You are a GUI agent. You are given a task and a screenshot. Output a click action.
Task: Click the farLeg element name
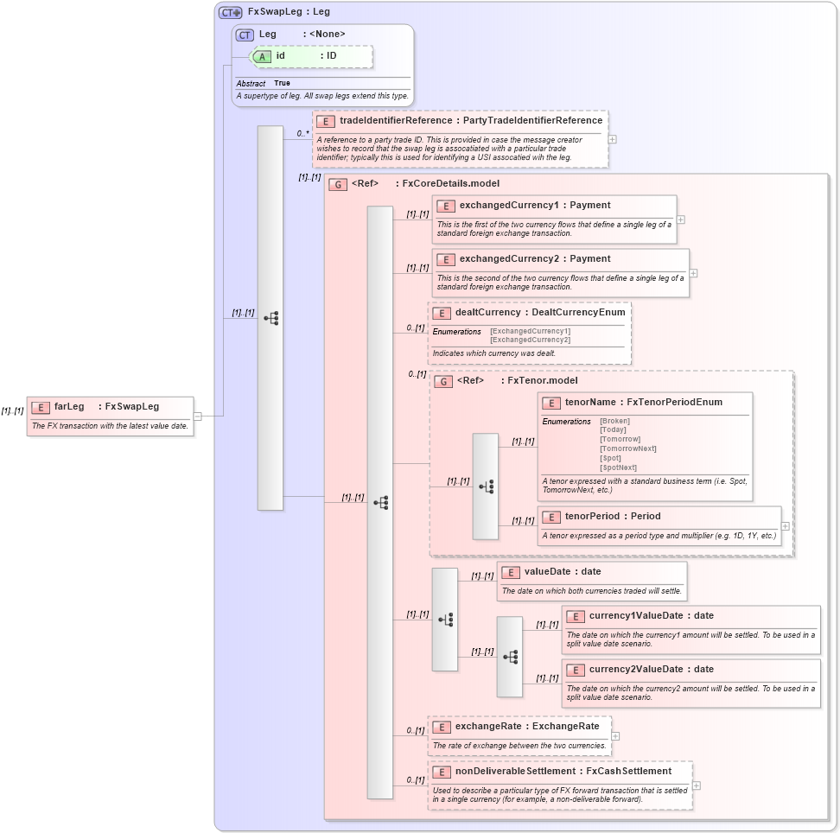click(69, 406)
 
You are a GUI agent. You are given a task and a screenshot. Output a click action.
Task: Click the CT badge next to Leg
click(245, 35)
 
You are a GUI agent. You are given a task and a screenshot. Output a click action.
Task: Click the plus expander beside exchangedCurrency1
click(680, 219)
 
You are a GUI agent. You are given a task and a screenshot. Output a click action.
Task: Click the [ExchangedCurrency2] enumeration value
click(530, 340)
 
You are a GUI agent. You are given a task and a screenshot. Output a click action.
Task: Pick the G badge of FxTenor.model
click(443, 381)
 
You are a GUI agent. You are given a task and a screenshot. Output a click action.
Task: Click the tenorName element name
click(589, 403)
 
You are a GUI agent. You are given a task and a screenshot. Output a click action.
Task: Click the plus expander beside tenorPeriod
click(785, 525)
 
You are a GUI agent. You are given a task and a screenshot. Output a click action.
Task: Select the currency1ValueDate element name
click(635, 616)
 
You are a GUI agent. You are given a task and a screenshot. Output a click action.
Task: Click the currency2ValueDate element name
click(635, 670)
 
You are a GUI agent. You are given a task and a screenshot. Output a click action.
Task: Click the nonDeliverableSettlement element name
click(515, 772)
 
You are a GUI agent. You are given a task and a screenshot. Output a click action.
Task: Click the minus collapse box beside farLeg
click(197, 416)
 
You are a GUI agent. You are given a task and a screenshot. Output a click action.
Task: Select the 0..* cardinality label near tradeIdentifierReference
click(302, 133)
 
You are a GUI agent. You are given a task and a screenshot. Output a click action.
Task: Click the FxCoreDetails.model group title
click(450, 184)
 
